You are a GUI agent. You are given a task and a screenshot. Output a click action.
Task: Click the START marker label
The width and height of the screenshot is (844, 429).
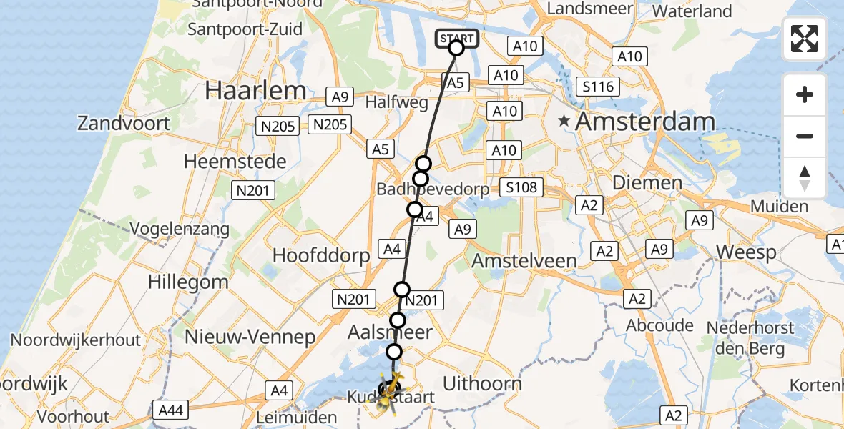456,38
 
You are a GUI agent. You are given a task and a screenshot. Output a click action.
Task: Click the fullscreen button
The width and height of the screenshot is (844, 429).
805,39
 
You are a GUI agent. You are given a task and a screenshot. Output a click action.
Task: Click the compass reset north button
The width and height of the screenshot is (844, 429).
805,178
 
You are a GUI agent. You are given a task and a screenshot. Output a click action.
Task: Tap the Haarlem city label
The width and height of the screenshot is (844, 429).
255,91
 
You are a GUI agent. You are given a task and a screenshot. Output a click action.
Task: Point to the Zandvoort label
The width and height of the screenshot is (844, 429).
124,123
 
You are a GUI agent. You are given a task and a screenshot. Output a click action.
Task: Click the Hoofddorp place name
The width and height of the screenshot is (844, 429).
322,255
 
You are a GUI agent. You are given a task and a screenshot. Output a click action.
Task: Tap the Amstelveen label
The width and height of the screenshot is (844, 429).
524,260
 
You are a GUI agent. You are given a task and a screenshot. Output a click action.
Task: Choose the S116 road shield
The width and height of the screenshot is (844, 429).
597,87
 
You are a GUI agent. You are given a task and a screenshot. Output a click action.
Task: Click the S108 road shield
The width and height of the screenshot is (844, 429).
521,188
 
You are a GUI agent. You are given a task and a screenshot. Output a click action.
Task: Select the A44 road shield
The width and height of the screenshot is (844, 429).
170,409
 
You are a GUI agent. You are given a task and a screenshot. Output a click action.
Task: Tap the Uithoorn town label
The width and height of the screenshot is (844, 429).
482,383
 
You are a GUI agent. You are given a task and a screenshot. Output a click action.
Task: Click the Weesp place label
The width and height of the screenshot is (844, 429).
746,252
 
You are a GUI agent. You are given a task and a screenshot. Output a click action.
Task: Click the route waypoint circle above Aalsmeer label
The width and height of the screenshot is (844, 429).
398,320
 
